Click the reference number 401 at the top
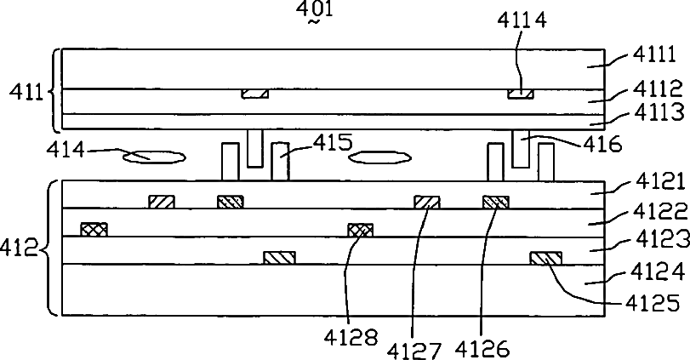(315, 9)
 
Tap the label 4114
(522, 20)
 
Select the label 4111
(655, 54)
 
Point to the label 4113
(659, 111)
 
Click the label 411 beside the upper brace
(27, 93)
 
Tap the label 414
(66, 151)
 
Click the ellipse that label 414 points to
(153, 157)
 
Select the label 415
(334, 143)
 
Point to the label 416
(603, 144)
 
